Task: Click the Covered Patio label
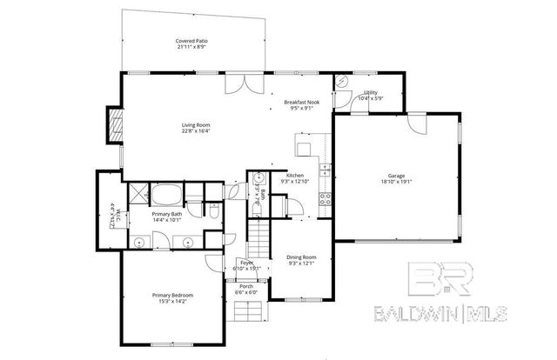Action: (x=191, y=40)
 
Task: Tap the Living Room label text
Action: (x=196, y=125)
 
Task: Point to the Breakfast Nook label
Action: (x=301, y=103)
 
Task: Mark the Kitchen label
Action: (x=295, y=176)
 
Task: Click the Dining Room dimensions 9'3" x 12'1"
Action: (x=301, y=263)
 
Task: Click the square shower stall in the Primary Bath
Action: (x=138, y=193)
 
